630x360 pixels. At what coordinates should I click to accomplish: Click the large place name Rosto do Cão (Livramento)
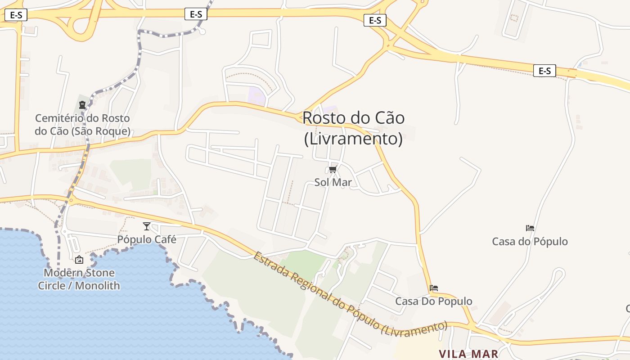click(353, 128)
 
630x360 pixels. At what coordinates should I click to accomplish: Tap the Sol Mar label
click(333, 182)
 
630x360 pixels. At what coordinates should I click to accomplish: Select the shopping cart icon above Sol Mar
click(333, 169)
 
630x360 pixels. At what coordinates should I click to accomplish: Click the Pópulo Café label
click(147, 239)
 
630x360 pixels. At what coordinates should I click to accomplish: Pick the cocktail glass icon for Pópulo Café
click(146, 226)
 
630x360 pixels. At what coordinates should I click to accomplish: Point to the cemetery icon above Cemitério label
click(82, 105)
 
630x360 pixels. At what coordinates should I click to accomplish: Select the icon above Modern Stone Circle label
click(79, 259)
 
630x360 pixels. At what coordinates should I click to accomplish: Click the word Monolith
click(97, 285)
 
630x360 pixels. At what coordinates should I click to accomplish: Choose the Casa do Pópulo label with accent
click(530, 241)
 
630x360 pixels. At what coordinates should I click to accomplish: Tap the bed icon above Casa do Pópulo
click(530, 228)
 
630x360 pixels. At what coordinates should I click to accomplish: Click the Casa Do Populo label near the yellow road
click(433, 301)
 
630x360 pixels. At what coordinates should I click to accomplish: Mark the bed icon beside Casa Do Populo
click(434, 288)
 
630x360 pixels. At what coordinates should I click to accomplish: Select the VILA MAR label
click(468, 354)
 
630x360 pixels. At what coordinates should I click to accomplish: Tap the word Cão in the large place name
click(389, 118)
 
